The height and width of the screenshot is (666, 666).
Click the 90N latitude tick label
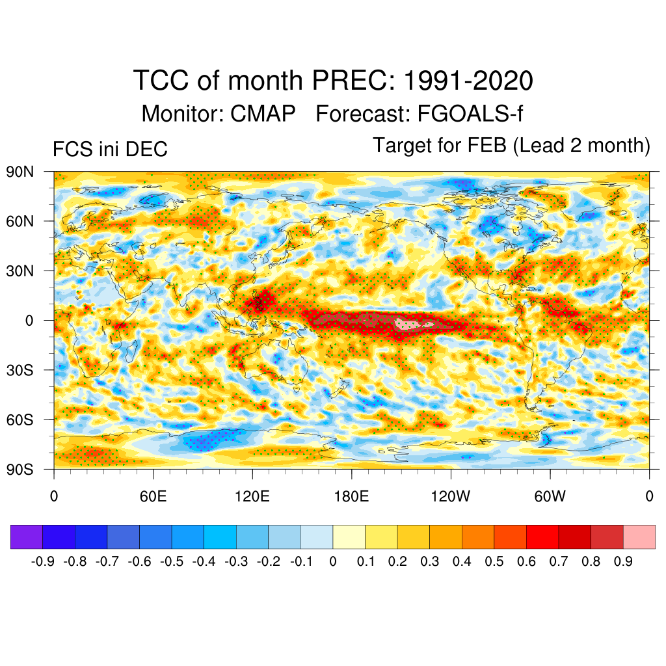(20, 172)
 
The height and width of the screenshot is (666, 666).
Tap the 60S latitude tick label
(20, 420)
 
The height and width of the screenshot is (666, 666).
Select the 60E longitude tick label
(153, 497)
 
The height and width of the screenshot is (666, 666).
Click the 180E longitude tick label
(351, 497)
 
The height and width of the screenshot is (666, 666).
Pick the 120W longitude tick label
(450, 497)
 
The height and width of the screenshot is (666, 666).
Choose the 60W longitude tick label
(550, 497)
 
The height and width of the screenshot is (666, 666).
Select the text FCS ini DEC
(110, 150)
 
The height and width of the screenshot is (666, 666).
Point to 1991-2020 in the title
(468, 81)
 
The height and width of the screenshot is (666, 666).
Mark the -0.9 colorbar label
(44, 561)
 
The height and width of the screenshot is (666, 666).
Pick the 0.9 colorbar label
(623, 561)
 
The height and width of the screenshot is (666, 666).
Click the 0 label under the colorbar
(333, 561)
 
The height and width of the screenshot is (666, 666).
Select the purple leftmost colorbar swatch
(27, 537)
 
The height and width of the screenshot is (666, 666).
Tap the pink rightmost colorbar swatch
(639, 537)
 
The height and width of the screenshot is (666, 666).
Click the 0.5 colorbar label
(494, 561)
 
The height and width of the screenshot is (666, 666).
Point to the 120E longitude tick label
(252, 497)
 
